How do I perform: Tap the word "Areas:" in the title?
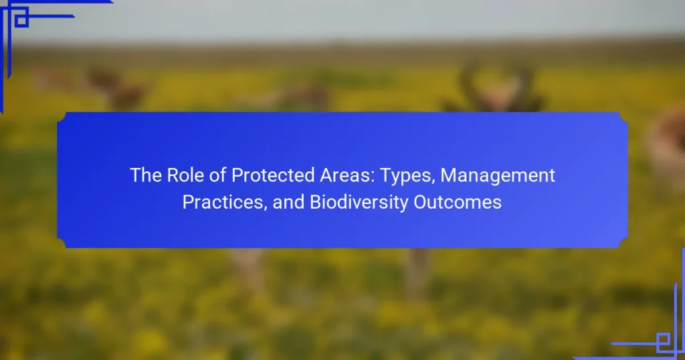coord(347,175)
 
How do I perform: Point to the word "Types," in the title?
coord(407,177)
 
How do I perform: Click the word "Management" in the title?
coord(498,175)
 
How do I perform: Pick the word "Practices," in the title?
coord(225,203)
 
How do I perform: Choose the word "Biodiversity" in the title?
coord(359,203)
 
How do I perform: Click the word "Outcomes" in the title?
coord(458,202)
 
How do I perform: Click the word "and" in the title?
coord(288,202)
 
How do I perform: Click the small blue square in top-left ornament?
coord(21,20)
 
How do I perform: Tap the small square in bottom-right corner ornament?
coord(663,339)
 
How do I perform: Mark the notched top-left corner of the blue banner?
coord(62,116)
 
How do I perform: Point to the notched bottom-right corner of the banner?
coord(623,244)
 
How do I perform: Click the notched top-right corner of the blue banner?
coord(623,116)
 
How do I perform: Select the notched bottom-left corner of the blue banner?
coord(62,244)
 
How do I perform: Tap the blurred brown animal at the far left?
coord(116,90)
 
